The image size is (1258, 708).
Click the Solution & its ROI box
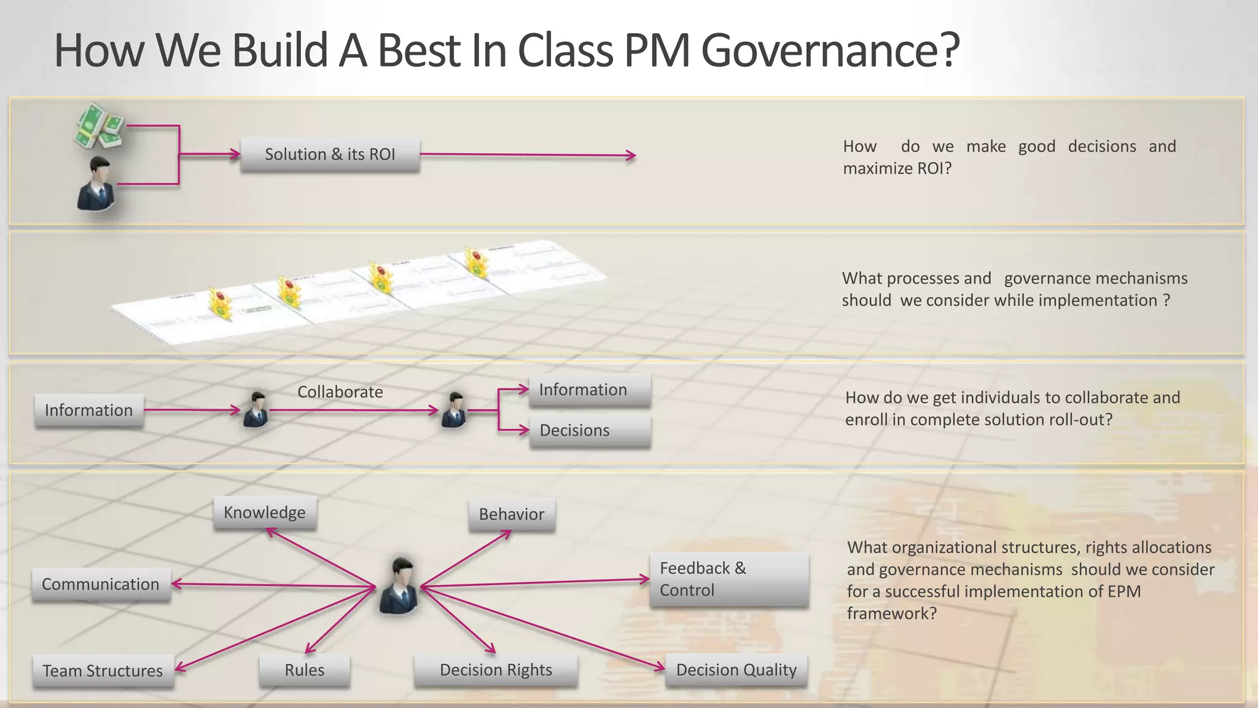[330, 155]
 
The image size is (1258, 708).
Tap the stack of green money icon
[98, 125]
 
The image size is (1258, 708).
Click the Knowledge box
[265, 513]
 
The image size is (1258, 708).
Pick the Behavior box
[512, 514]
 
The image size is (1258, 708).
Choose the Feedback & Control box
[729, 579]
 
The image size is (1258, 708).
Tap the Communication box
[101, 584]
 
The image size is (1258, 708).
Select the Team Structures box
[103, 671]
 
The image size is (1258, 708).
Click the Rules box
[305, 670]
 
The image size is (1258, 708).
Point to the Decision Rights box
[496, 670]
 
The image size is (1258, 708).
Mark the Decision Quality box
[736, 670]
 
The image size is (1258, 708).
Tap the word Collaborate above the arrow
[340, 392]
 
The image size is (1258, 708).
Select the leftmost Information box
[89, 411]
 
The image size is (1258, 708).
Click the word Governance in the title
[830, 50]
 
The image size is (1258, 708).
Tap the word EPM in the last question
[1124, 591]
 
